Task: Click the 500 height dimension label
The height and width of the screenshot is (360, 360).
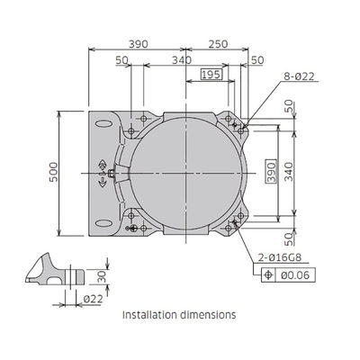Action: coord(53,172)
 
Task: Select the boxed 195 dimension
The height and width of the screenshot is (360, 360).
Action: coord(211,74)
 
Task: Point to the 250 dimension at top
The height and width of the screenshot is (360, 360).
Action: coord(218,44)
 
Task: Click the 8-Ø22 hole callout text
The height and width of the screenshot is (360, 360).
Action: coord(299,76)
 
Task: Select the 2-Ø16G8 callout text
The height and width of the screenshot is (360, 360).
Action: coord(280,257)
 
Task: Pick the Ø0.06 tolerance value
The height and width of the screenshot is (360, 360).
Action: coord(295,275)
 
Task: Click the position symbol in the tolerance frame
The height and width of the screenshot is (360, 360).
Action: coord(268,275)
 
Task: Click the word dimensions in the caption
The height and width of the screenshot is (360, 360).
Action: coord(208,315)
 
